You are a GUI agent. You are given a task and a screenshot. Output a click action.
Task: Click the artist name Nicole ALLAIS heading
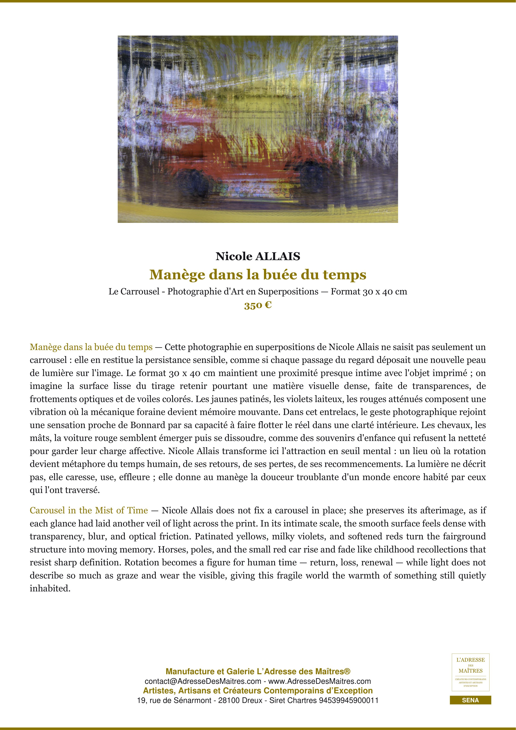click(258, 256)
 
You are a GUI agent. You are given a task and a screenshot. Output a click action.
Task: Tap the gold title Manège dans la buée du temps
click(258, 275)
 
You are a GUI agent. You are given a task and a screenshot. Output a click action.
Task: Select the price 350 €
click(258, 305)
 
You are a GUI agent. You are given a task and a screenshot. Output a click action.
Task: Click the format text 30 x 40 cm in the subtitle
click(385, 292)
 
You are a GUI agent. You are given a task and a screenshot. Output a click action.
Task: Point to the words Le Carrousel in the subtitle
click(134, 292)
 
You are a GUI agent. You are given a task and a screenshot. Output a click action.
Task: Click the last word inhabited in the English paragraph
click(50, 588)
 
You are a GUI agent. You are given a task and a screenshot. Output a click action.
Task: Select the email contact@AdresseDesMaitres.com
click(203, 681)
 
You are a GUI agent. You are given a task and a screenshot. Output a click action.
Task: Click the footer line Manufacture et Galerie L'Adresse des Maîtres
click(258, 672)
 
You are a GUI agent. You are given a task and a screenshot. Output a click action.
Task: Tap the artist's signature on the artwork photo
click(380, 212)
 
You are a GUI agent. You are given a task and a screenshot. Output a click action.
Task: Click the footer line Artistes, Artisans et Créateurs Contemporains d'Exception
click(258, 691)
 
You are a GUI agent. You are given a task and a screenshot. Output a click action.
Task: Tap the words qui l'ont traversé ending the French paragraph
click(65, 490)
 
